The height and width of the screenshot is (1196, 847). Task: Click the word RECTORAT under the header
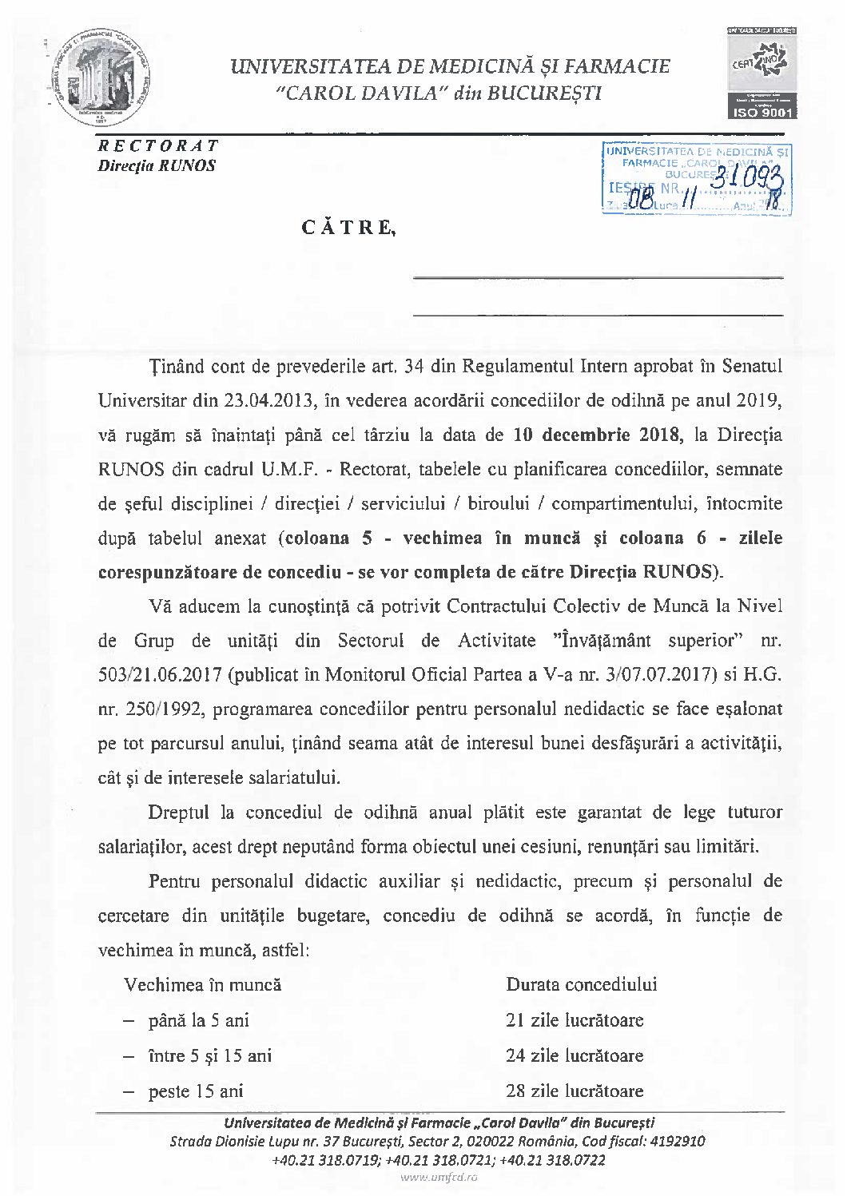click(157, 145)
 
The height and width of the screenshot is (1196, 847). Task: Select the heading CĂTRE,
click(348, 228)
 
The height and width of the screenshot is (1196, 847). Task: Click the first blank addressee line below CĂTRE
click(597, 276)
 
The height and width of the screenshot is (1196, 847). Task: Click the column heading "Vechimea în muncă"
click(202, 985)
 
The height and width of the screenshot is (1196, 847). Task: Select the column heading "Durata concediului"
click(581, 985)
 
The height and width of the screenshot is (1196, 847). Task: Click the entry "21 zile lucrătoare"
click(574, 1021)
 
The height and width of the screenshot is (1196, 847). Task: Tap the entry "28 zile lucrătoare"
click(574, 1091)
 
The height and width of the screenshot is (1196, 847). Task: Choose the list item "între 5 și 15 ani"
click(209, 1056)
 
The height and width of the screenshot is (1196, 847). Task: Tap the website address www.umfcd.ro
click(439, 1178)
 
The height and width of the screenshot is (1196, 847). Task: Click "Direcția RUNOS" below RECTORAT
click(157, 166)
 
